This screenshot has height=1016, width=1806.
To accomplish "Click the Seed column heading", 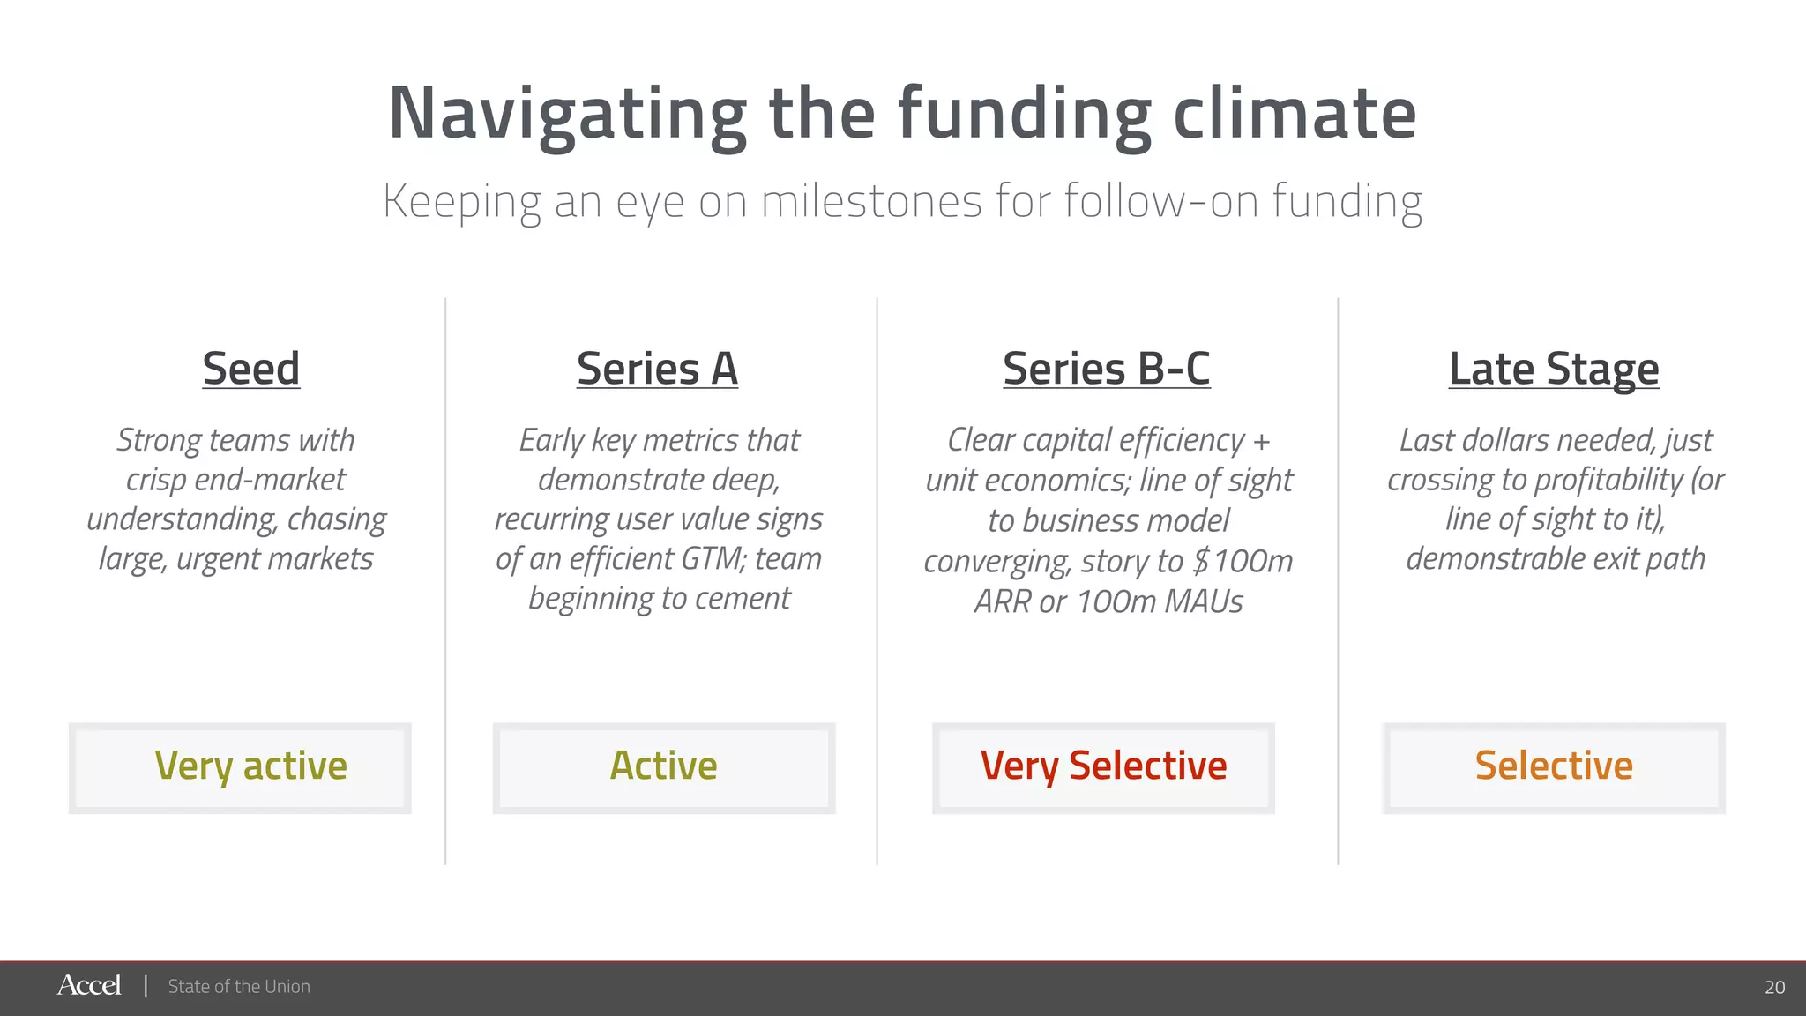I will [x=251, y=369].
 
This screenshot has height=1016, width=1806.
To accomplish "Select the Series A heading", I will [x=657, y=369].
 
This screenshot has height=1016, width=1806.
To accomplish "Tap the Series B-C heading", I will [x=1106, y=369].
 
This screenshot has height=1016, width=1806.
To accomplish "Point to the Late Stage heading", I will [x=1554, y=369].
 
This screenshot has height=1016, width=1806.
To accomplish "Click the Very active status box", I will [x=240, y=767].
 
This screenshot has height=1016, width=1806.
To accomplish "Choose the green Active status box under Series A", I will [x=663, y=767].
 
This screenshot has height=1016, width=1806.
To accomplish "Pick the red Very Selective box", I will [x=1103, y=767].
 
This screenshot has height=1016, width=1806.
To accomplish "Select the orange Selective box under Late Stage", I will [x=1554, y=767].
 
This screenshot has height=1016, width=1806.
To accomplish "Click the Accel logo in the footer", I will [x=89, y=985].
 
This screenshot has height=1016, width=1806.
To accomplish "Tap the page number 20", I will [x=1774, y=987].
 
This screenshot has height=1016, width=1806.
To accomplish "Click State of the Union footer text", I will [x=239, y=987].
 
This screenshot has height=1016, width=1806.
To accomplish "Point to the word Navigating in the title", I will [x=567, y=115].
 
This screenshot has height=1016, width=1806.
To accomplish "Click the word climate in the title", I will [x=1294, y=115].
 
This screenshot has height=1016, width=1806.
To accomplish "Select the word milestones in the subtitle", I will [x=870, y=201].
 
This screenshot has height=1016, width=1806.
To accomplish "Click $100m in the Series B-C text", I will [x=1243, y=561].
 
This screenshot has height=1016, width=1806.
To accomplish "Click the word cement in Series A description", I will [x=743, y=598].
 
